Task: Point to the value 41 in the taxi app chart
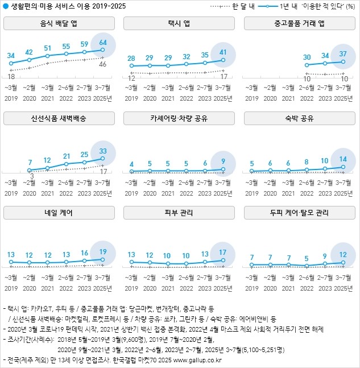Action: click(223, 52)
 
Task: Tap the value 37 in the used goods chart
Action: click(343, 53)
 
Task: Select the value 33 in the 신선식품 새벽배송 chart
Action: click(103, 151)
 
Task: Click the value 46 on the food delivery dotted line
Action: click(103, 64)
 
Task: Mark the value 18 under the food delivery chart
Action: click(11, 76)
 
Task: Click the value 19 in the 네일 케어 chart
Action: click(103, 252)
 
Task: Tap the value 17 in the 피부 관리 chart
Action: click(223, 253)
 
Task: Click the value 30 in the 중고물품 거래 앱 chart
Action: click(307, 57)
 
